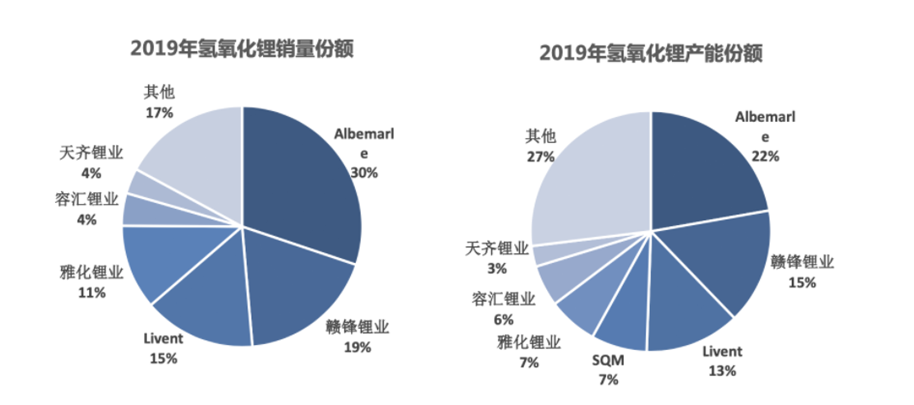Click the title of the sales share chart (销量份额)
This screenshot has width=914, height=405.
(x=242, y=49)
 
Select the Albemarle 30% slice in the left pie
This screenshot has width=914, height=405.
(x=302, y=182)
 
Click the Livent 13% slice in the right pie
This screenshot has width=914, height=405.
(x=679, y=311)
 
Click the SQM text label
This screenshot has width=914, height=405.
(x=608, y=360)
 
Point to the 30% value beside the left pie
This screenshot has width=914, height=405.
(x=364, y=173)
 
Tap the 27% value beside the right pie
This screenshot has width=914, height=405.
(x=540, y=157)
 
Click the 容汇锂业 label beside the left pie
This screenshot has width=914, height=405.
(x=87, y=199)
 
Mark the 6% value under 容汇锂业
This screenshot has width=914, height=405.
(x=503, y=320)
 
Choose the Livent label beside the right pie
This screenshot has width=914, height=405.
(x=722, y=352)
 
